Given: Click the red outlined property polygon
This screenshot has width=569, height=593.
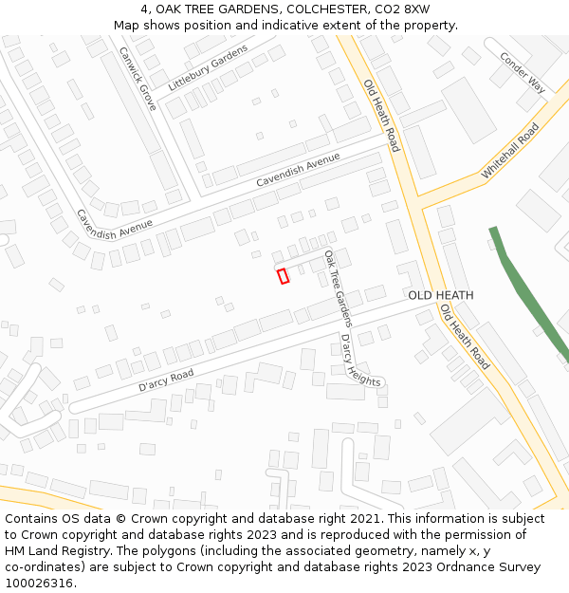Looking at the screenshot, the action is tap(283, 276).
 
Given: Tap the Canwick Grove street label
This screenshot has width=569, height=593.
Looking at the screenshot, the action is tap(138, 79).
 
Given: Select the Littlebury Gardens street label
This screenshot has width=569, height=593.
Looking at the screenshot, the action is tap(208, 68).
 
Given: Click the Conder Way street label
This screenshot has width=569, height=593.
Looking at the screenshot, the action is tap(523, 72).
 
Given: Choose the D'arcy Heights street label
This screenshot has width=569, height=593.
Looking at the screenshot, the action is tap(360, 361).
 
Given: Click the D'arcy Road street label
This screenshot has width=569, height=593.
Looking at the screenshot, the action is tap(166, 380).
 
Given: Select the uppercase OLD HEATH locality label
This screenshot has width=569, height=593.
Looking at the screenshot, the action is tap(441, 296).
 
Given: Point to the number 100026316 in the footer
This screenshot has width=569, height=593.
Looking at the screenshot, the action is tap(38, 584).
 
